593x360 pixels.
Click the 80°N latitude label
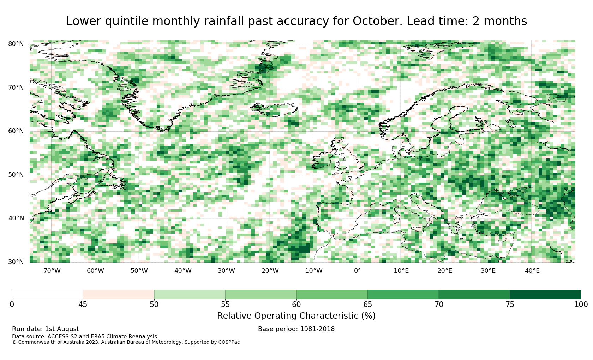(x=16, y=44)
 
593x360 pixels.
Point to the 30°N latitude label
(x=16, y=262)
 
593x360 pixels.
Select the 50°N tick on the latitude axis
(x=16, y=175)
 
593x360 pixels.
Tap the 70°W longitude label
(x=52, y=271)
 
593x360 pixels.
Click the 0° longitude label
(x=357, y=271)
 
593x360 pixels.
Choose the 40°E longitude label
(x=532, y=271)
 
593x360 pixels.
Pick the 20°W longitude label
(x=270, y=271)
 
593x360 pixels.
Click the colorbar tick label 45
(x=83, y=305)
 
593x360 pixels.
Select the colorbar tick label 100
(x=581, y=305)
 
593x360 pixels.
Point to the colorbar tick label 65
(x=367, y=305)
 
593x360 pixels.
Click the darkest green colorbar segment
(x=545, y=295)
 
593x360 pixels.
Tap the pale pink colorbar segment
(x=119, y=295)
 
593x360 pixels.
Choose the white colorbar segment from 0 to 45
(x=47, y=295)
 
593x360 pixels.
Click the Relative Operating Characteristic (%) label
(x=296, y=316)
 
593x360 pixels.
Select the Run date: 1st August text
(x=46, y=329)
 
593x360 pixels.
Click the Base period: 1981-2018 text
(x=296, y=329)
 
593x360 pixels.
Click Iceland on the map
(x=274, y=109)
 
